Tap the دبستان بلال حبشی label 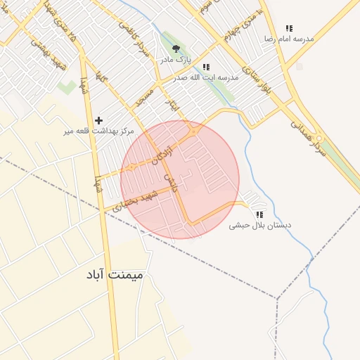coord(260,226)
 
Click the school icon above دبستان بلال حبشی coord(259,214)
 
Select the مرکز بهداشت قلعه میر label coord(98,131)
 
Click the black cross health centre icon coord(98,120)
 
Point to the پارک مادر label coord(175,60)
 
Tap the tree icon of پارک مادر coord(175,49)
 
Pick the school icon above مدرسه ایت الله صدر coord(205,67)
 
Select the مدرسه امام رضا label coord(288,39)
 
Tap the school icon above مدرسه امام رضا coord(288,29)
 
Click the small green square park coord(67,88)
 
